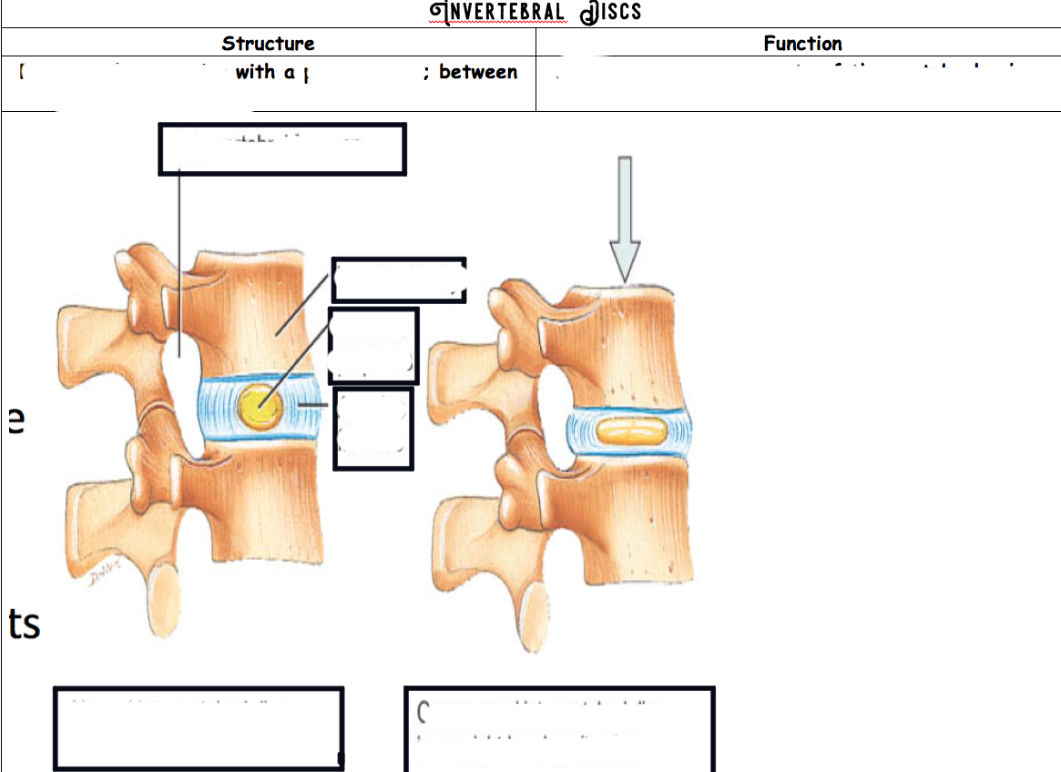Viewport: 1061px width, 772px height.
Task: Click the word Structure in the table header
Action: (x=268, y=44)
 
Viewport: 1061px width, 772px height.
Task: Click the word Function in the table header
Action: (x=802, y=44)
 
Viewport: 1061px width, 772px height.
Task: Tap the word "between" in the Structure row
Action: (x=478, y=73)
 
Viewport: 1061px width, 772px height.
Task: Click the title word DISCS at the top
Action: (x=611, y=13)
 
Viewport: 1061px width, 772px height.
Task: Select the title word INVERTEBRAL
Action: (x=497, y=13)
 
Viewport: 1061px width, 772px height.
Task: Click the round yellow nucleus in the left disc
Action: (x=260, y=406)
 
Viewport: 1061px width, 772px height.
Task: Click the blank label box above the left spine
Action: (x=282, y=149)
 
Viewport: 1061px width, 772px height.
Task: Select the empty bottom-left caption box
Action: (x=199, y=728)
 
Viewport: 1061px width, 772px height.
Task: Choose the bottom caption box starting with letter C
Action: (x=558, y=728)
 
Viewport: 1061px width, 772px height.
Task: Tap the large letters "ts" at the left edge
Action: (x=24, y=625)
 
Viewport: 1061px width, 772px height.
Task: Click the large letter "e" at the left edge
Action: (x=16, y=421)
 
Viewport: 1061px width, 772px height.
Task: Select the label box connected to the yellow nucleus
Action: (x=373, y=344)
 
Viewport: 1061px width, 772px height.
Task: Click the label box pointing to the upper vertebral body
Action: (x=399, y=279)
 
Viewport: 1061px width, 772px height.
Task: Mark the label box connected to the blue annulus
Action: (x=373, y=429)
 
